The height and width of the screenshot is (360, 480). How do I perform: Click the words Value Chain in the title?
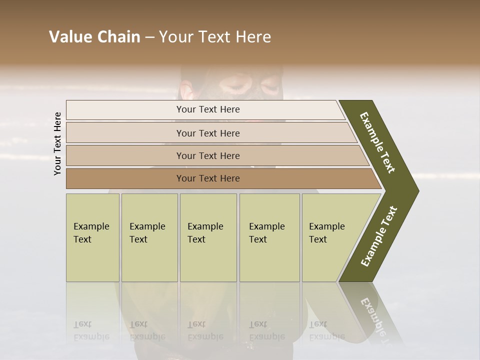[94, 37]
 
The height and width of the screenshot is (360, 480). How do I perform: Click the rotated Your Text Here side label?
[58, 143]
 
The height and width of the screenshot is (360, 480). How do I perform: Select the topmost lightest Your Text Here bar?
[208, 109]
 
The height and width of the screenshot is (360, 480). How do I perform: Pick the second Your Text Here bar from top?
[208, 133]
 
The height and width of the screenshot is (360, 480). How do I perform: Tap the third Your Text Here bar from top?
[208, 155]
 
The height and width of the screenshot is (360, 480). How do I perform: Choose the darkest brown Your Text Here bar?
[208, 178]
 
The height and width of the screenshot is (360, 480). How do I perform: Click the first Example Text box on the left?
[92, 237]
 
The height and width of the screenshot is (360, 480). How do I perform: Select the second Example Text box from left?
[149, 237]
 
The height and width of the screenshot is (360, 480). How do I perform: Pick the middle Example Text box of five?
[208, 237]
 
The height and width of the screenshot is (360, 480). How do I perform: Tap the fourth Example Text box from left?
[269, 237]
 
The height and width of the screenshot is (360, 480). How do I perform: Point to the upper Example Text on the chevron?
[377, 142]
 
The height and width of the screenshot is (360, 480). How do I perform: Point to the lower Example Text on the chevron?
[379, 236]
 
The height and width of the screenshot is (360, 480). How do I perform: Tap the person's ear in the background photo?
[185, 91]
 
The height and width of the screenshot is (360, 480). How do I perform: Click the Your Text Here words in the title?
[215, 37]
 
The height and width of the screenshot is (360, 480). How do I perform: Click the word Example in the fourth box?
[266, 226]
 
